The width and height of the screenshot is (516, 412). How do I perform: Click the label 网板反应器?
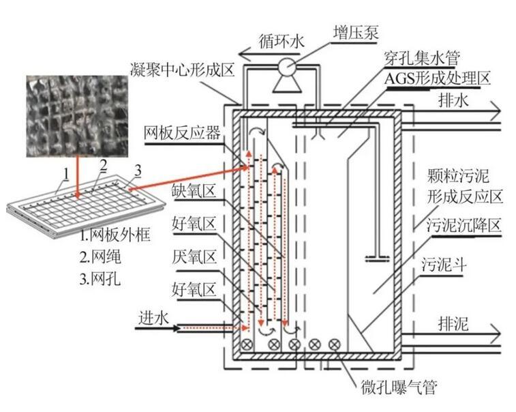[x=182, y=132]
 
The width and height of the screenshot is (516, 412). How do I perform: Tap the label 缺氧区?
[x=194, y=192]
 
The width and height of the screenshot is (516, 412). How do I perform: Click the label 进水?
[x=154, y=316]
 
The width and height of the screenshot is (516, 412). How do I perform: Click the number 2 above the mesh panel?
[x=102, y=164]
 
